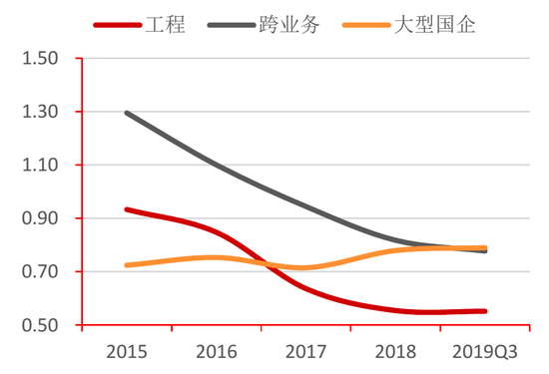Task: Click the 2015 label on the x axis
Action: tap(126, 351)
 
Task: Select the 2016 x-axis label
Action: tap(216, 351)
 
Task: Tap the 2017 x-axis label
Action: tap(305, 351)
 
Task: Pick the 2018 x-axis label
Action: tap(395, 351)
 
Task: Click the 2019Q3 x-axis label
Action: tap(485, 351)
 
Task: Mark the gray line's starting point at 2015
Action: tap(127, 113)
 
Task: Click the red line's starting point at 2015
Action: tap(127, 209)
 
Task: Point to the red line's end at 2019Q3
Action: tap(485, 311)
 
